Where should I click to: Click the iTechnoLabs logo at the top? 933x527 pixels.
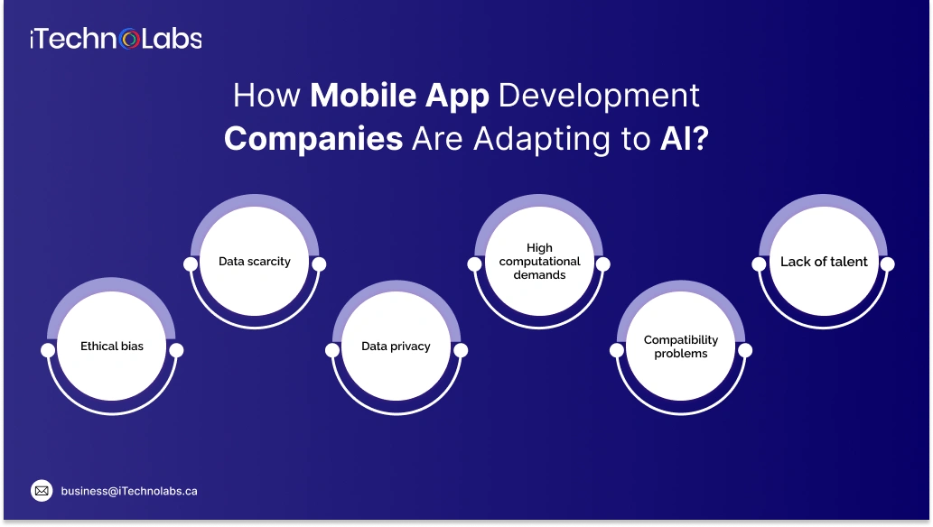116,38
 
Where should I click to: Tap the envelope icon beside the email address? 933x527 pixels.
42,491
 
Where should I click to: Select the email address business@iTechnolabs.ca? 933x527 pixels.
129,491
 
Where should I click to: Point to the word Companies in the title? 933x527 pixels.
313,139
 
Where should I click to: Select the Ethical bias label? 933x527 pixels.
112,346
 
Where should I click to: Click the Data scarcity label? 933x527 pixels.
255,262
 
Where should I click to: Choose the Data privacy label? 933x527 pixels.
396,346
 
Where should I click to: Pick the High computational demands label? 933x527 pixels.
539,261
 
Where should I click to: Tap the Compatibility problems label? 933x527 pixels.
681,347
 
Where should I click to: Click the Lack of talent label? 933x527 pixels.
824,262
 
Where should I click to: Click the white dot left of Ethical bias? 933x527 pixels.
48,349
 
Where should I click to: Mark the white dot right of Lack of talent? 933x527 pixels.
887,264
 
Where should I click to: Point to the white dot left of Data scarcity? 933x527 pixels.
191,264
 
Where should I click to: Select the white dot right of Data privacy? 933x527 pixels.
460,349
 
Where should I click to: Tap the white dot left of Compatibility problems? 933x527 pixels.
617,349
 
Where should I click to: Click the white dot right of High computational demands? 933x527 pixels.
602,264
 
